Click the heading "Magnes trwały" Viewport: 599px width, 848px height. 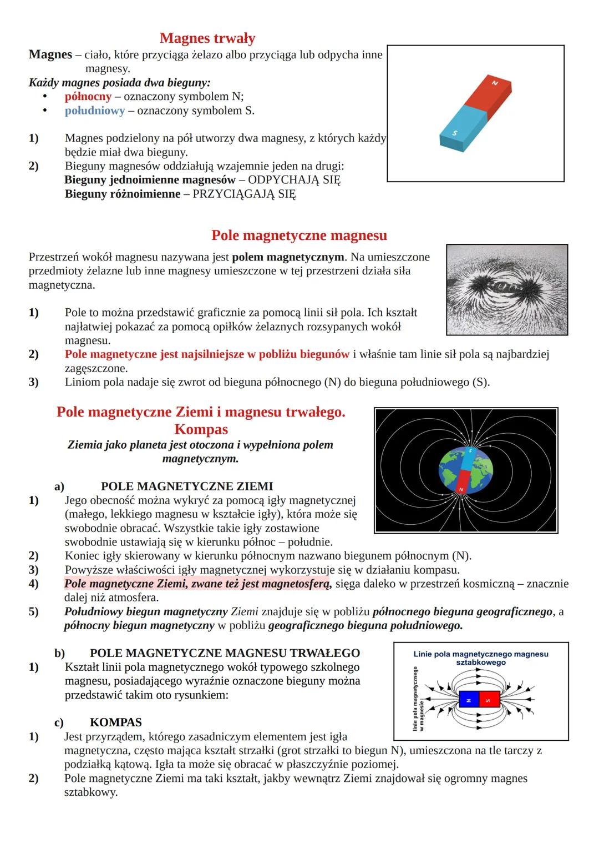[x=207, y=38]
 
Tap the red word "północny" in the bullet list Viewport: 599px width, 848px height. [x=88, y=97]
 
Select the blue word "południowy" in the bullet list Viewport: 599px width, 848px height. [x=95, y=111]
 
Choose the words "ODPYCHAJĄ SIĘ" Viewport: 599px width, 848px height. [x=294, y=180]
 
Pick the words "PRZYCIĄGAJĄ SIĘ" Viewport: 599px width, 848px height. [x=244, y=194]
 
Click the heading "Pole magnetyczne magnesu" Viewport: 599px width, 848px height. [x=299, y=235]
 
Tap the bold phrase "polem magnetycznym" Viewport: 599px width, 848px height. [x=288, y=257]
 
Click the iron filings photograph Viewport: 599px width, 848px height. [x=507, y=289]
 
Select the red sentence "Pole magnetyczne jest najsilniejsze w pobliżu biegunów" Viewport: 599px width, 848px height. [x=207, y=354]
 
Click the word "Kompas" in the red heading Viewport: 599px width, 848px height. [x=201, y=429]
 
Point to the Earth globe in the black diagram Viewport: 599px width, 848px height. [x=466, y=470]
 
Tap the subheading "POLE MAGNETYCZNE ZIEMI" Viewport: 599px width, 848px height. [x=187, y=486]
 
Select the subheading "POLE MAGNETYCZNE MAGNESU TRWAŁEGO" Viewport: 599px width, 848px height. [x=225, y=653]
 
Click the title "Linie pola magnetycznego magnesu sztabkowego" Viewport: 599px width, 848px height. [x=481, y=658]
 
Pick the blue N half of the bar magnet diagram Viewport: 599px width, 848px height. [x=469, y=700]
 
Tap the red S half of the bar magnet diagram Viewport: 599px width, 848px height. [x=489, y=700]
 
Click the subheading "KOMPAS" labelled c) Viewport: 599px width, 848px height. [x=115, y=722]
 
